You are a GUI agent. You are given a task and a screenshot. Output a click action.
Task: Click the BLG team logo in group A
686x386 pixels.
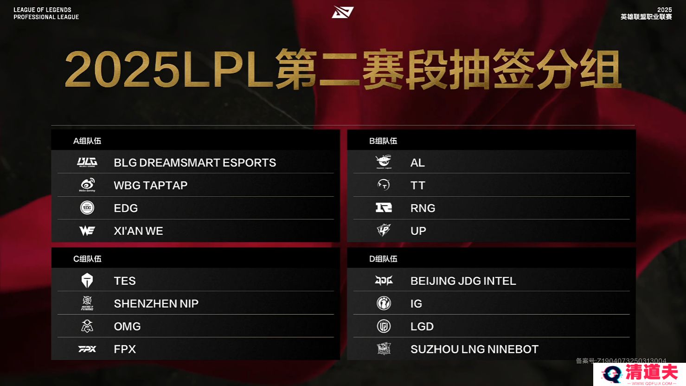87,162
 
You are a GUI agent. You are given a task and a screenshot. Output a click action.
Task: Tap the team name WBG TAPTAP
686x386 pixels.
150,185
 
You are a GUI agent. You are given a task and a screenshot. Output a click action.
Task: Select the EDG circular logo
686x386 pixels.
87,208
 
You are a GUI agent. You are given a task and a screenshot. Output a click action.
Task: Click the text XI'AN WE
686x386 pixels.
138,231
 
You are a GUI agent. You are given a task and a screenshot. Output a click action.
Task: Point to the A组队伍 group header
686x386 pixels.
87,141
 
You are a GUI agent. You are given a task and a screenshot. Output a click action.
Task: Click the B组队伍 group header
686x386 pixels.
383,141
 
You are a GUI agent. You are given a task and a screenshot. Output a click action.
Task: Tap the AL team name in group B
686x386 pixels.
417,163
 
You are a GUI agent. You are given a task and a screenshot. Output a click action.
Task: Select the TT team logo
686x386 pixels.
384,185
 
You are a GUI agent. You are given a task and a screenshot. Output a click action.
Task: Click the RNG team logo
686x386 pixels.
384,208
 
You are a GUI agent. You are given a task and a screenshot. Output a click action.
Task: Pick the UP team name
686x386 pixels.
418,231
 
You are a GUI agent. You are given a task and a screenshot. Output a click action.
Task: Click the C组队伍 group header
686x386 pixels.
87,259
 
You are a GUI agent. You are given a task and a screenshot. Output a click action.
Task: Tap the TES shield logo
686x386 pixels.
87,280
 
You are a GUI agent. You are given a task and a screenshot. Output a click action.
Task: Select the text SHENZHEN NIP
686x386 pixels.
156,303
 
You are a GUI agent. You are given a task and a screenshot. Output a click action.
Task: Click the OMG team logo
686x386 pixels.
87,326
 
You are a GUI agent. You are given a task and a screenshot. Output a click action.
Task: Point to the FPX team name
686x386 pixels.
125,349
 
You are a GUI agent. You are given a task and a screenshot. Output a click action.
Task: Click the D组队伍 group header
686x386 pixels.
383,259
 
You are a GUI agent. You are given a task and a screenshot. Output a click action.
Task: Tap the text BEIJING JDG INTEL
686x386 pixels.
463,281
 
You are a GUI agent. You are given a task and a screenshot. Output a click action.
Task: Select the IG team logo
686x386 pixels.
384,303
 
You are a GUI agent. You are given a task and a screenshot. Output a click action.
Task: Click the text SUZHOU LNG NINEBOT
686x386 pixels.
474,349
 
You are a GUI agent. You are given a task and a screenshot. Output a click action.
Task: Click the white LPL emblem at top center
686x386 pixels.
343,12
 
